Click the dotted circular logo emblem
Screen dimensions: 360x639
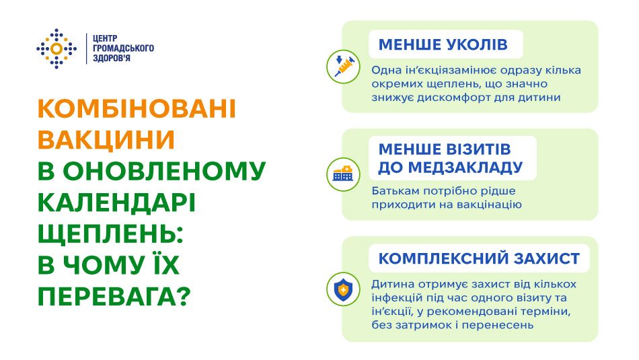57,48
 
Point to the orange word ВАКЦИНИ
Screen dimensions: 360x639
106,140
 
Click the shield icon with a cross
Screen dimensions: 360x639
344,289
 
